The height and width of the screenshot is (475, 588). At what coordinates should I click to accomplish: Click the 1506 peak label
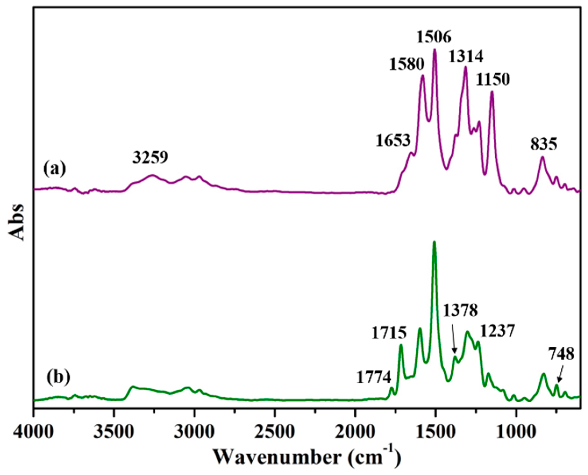[x=434, y=38]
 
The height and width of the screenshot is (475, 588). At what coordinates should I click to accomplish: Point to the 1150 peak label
[x=493, y=80]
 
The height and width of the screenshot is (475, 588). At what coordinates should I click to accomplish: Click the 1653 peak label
[x=393, y=141]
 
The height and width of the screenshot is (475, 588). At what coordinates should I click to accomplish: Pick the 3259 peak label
[x=150, y=158]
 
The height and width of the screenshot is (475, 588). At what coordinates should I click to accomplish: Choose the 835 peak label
[x=544, y=145]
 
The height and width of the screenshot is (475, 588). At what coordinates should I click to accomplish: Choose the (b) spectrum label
[x=58, y=377]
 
